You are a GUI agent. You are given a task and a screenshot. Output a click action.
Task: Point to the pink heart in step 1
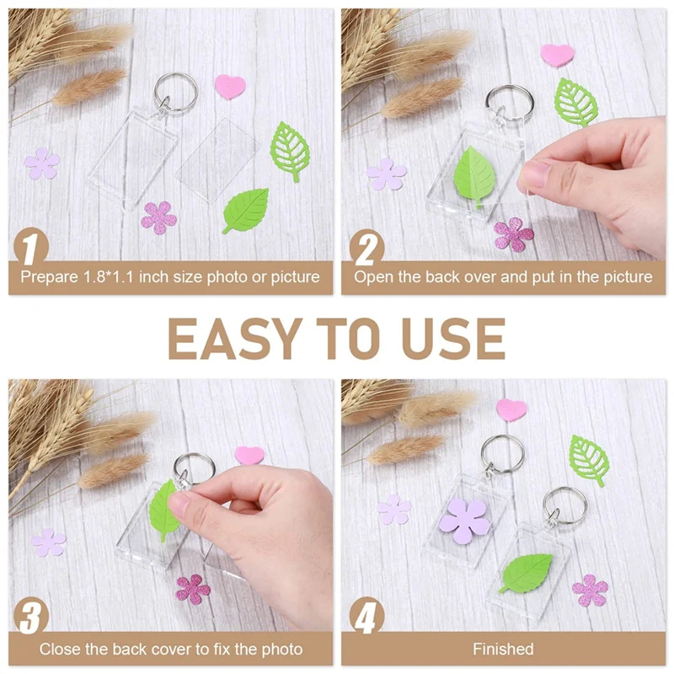(x=229, y=85)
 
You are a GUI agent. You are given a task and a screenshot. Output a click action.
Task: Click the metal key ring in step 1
(x=175, y=92)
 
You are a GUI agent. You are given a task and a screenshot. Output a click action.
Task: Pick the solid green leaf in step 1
(x=246, y=210)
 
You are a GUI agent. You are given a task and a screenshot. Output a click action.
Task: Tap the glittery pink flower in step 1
(x=158, y=217)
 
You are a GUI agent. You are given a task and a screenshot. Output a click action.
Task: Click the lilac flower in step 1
(x=41, y=163)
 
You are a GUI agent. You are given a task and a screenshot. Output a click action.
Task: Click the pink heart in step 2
(x=557, y=55)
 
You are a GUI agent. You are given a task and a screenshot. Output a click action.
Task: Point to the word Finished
(x=503, y=649)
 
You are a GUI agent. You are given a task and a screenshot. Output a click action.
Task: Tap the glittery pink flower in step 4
(x=590, y=589)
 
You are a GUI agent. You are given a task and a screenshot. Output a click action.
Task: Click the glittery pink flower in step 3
(x=193, y=588)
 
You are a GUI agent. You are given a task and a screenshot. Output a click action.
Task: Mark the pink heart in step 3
(x=249, y=455)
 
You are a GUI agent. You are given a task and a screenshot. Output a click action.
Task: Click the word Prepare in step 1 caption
(x=49, y=276)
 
